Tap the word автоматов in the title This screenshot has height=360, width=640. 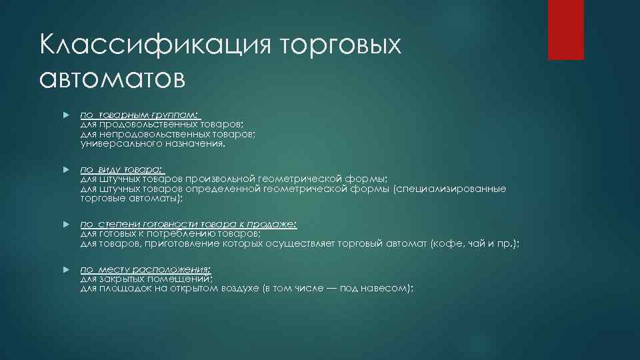112,79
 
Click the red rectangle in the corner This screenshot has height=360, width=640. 566,29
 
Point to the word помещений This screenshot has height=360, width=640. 181,279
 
